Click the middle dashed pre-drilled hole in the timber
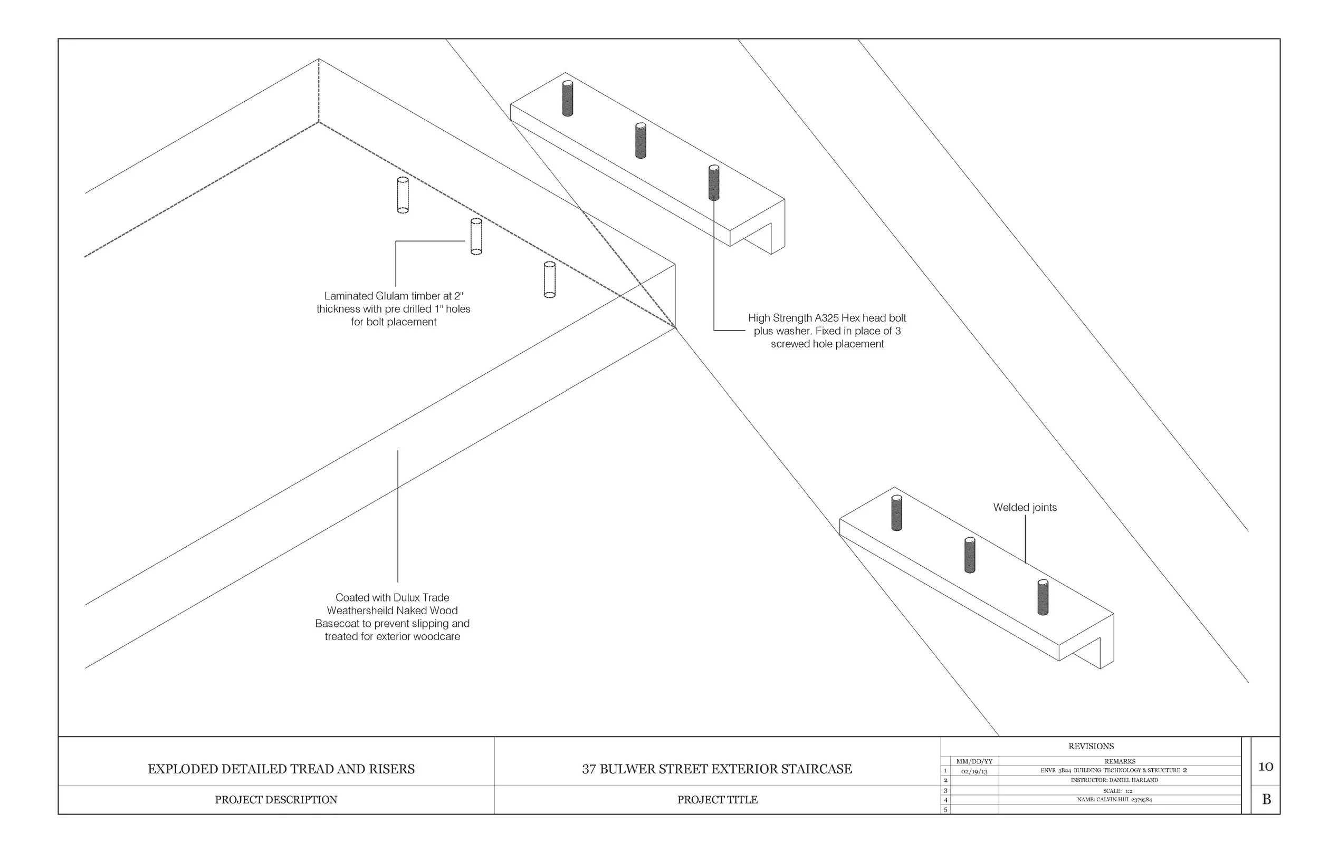[x=476, y=236]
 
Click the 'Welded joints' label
[x=1025, y=507]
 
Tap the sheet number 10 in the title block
[x=1265, y=767]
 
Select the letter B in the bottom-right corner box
[x=1266, y=800]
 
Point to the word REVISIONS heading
[x=1091, y=746]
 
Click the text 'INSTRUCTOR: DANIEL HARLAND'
[x=1114, y=780]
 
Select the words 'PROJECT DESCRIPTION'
[x=276, y=800]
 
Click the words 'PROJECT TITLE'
[x=717, y=800]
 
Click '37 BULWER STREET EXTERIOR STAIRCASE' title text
[x=716, y=769]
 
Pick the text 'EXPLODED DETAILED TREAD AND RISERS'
[x=281, y=769]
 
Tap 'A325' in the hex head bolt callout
[x=826, y=318]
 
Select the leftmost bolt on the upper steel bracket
[x=568, y=99]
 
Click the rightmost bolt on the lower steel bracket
[x=1043, y=598]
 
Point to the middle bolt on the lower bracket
[x=969, y=555]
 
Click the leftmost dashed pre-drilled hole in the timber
[x=403, y=195]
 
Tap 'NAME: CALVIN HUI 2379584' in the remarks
[x=1114, y=800]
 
